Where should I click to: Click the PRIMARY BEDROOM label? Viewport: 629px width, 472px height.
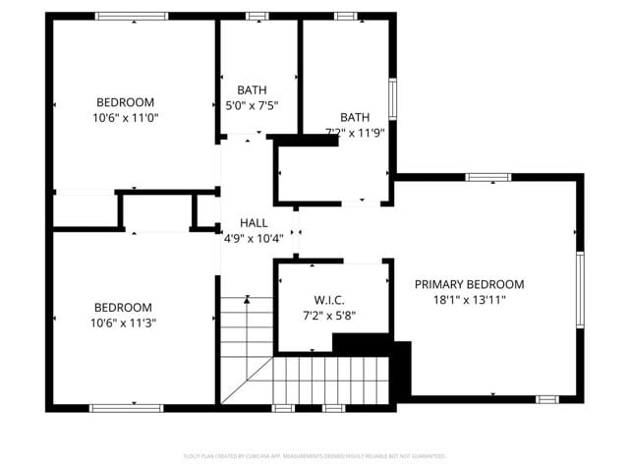point(469,284)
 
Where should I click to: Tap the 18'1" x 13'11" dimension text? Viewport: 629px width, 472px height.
point(469,301)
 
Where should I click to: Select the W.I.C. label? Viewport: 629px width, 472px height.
point(329,300)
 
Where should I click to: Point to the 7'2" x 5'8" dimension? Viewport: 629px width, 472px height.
point(329,317)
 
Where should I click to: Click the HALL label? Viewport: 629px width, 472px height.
point(254,223)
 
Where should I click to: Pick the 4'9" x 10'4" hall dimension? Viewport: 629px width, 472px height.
point(254,238)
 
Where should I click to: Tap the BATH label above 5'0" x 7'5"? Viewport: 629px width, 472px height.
point(252,90)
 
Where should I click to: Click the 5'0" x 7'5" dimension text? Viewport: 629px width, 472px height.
point(252,105)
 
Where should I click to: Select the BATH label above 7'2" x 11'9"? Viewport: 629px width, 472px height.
point(355,116)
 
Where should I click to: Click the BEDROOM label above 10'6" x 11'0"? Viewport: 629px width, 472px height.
point(125,102)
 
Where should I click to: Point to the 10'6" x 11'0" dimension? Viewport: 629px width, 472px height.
point(125,118)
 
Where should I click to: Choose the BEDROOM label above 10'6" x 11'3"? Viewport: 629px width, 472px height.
point(123,307)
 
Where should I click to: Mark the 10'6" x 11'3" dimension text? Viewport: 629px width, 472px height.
point(123,323)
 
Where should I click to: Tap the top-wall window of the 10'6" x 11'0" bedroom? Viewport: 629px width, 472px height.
point(131,16)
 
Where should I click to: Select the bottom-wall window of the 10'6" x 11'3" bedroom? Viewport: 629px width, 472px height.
point(126,407)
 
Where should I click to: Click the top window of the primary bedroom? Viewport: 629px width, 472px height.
point(487,178)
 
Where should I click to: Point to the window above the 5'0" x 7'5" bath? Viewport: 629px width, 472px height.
point(257,16)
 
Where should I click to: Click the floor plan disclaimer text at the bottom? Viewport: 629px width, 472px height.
point(314,456)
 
